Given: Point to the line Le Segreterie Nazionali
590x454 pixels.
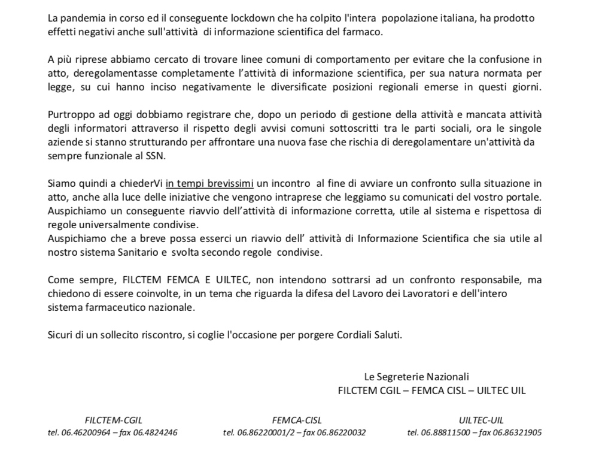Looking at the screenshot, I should point(416,377).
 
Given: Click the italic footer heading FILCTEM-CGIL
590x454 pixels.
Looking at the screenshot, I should point(113,420).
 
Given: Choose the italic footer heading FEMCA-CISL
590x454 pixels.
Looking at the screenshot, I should point(294,420).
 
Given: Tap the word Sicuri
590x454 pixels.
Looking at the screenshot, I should point(60,334).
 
